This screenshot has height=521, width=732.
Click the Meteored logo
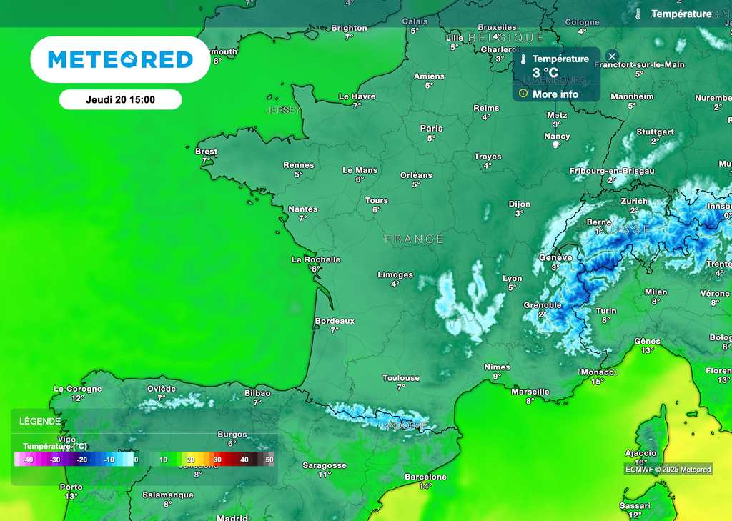coord(120,59)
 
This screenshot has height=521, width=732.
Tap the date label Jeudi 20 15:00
coord(120,100)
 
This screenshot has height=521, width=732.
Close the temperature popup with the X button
coord(612,56)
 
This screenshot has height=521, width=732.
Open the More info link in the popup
coord(555,94)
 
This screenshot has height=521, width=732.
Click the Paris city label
coord(431,129)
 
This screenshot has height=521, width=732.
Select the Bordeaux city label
coord(335,321)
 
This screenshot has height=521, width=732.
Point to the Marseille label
coord(530,392)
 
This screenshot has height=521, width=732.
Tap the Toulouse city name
coord(401,378)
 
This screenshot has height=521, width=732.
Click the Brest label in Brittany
coord(207,152)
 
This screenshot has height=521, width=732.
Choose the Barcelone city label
coord(425,477)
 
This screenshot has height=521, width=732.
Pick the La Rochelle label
coord(316,259)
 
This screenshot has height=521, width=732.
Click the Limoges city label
coord(395,274)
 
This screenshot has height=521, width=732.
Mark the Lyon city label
coord(512,279)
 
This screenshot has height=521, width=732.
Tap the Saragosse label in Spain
coord(325,465)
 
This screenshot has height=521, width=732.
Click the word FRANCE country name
coord(415,239)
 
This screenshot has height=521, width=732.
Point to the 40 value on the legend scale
coord(244,460)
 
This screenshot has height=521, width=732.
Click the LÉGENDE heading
coord(40,422)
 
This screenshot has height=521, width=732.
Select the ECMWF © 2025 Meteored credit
coord(668,470)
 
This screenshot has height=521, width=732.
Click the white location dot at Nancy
coord(556,145)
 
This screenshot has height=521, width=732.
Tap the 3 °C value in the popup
coord(545,73)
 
